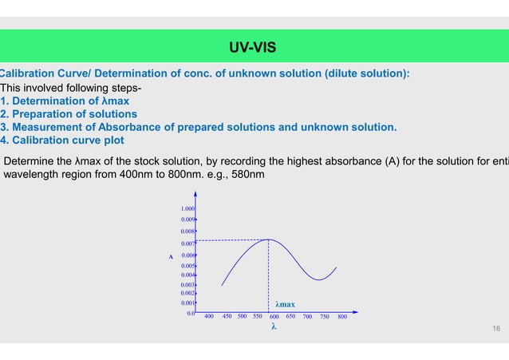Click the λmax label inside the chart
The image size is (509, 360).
[x=285, y=304]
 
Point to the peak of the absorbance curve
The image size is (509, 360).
[x=268, y=239]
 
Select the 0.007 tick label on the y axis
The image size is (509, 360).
[x=188, y=243]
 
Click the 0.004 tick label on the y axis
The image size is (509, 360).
[x=188, y=275]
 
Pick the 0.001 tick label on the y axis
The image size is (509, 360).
[x=188, y=303]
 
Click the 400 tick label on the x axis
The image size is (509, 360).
[x=209, y=316]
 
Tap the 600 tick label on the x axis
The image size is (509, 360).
[x=274, y=316]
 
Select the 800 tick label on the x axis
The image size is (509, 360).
[x=341, y=316]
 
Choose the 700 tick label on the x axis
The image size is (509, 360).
[x=308, y=316]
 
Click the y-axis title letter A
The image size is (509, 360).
[x=170, y=256]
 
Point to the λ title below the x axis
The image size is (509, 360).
[x=274, y=326]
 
